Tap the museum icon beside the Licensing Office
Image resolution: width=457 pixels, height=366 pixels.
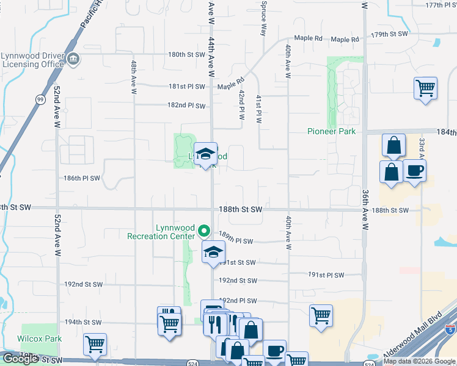73,59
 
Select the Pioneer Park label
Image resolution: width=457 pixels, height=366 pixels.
331,131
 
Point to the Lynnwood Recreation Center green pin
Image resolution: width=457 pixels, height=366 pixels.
205,231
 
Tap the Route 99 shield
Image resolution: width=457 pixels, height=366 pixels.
40,99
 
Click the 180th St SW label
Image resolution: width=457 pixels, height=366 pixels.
187,54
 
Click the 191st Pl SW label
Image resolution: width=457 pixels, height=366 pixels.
326,275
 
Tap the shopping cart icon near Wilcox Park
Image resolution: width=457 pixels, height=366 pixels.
95,345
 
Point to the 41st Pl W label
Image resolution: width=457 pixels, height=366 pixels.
258,109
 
